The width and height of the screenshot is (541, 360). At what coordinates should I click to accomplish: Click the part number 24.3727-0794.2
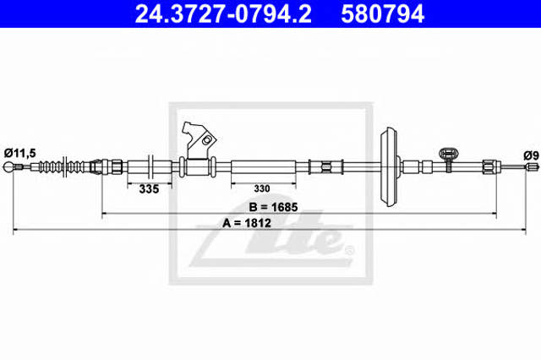(x=223, y=14)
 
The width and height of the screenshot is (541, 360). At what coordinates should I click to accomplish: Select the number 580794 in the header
(x=382, y=14)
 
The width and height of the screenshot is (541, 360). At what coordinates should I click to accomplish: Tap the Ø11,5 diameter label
(x=20, y=153)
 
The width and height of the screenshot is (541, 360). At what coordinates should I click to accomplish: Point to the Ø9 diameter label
(x=531, y=155)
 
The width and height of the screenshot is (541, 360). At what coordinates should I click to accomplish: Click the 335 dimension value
(x=149, y=189)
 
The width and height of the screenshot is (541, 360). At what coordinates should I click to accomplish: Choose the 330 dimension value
(x=262, y=188)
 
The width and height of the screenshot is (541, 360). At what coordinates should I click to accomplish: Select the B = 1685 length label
(x=273, y=207)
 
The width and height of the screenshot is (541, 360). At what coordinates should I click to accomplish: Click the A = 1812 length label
(x=247, y=223)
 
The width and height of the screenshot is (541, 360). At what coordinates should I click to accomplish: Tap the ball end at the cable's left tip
(x=8, y=167)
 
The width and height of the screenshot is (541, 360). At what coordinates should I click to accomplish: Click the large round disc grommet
(x=390, y=166)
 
